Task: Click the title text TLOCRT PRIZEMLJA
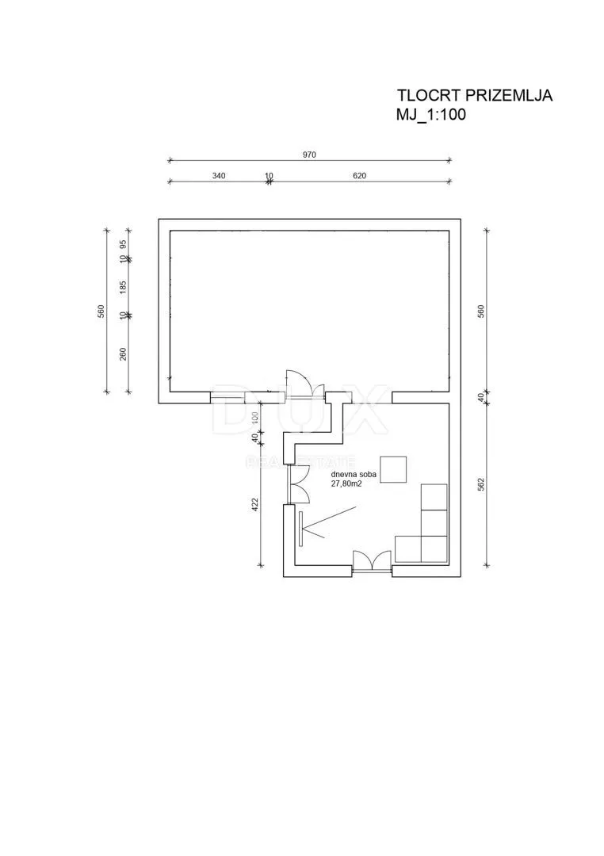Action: (x=475, y=95)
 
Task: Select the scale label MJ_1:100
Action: (x=431, y=115)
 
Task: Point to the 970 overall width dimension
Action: (x=309, y=155)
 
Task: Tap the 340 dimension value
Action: (x=219, y=175)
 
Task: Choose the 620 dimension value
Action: (x=359, y=175)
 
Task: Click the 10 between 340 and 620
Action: (x=269, y=175)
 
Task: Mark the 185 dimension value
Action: (x=123, y=287)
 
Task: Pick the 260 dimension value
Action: (x=123, y=353)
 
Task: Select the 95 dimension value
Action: (x=123, y=243)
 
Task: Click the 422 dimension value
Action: (x=254, y=503)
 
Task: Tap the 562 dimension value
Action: (x=481, y=485)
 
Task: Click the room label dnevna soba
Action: (x=353, y=475)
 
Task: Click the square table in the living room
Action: (x=393, y=469)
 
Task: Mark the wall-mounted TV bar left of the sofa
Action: (x=301, y=528)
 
